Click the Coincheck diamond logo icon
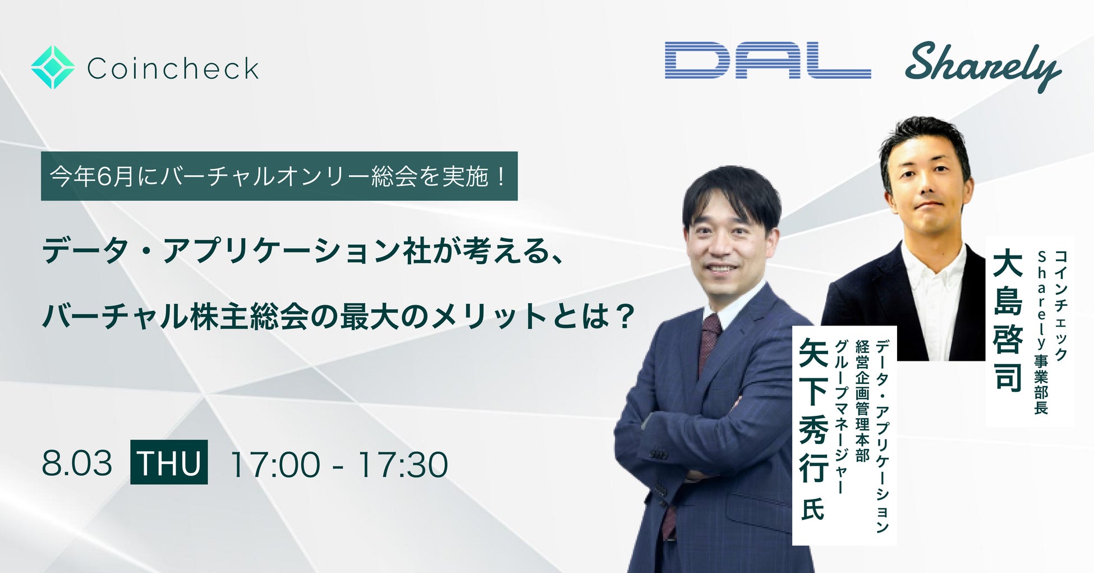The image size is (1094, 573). [53, 67]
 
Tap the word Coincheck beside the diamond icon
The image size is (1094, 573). [173, 68]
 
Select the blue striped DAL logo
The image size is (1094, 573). [767, 60]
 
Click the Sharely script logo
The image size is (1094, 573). [983, 66]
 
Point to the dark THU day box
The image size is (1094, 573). [169, 462]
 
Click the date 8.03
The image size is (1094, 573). [77, 464]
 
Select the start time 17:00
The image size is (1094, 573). [275, 464]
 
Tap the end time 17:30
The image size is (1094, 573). [402, 464]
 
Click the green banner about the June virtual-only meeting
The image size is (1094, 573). [279, 176]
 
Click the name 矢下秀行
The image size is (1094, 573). [813, 410]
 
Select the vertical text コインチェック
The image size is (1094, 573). [1060, 305]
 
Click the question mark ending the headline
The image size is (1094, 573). [623, 315]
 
